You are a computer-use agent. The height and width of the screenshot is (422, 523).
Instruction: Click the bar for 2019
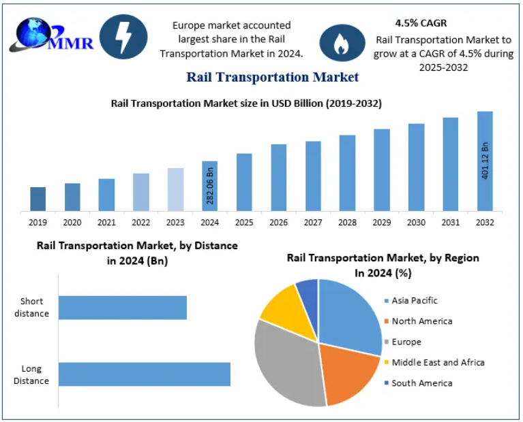coord(38,199)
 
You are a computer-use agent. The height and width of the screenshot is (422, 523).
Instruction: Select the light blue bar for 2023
coord(175,189)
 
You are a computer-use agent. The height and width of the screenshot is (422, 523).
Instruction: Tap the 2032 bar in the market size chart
coord(485,161)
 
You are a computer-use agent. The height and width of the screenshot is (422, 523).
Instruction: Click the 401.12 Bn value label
coord(485,161)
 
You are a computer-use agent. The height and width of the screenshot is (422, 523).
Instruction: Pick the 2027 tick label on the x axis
coord(313,223)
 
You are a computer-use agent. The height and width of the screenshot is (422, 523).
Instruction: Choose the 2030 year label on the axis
coord(416,223)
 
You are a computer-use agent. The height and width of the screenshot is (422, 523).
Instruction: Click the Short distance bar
coord(123,308)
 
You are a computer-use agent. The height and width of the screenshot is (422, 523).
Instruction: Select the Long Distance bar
coord(145,374)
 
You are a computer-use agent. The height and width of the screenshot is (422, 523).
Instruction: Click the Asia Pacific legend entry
coord(414,300)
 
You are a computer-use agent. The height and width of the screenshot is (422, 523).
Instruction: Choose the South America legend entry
coord(421,383)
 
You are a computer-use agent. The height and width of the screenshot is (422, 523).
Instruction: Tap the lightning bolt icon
coord(123,37)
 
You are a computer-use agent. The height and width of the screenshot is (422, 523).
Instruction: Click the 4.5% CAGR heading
coord(421,22)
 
